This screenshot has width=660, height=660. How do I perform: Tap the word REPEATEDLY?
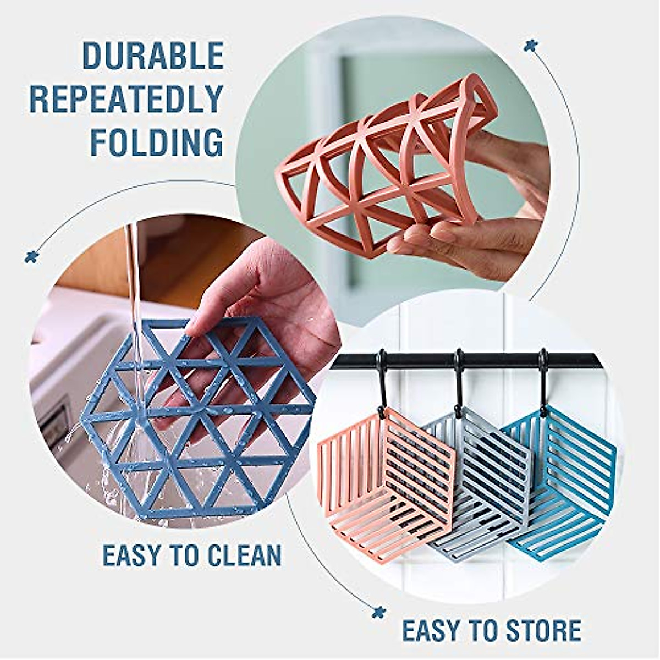tap(127, 99)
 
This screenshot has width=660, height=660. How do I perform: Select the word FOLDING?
tap(157, 142)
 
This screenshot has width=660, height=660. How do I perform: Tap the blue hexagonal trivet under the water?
tap(198, 418)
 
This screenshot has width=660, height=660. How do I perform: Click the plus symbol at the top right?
tap(530, 45)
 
